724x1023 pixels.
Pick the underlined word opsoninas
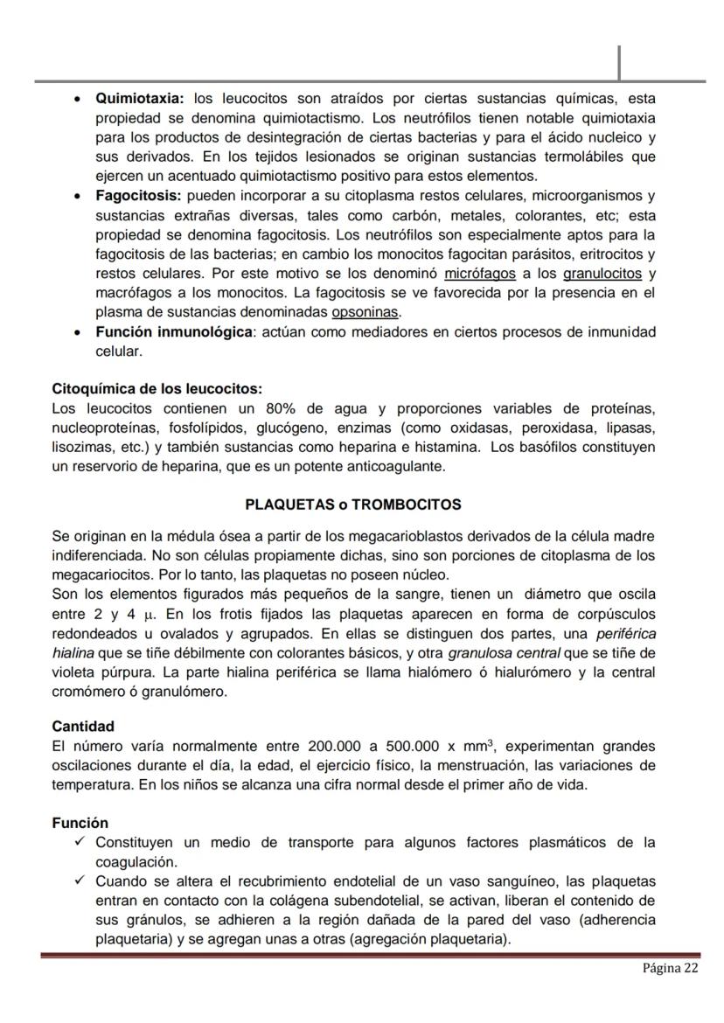point(365,312)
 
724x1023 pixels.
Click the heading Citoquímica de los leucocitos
point(157,388)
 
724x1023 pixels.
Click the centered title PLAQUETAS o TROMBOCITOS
point(353,505)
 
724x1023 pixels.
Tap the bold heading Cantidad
point(83,726)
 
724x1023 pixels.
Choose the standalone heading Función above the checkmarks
point(80,823)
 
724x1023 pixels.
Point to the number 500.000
point(417,746)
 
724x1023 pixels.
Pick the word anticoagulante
point(397,467)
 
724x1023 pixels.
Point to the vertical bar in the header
point(619,62)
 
